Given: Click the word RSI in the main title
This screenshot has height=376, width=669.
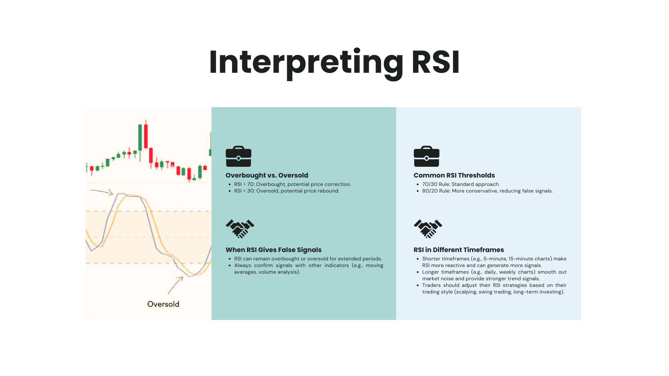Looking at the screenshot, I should (436, 62).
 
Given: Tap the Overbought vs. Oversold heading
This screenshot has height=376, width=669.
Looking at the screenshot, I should (267, 175).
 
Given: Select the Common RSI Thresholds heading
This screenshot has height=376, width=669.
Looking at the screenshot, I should (454, 175).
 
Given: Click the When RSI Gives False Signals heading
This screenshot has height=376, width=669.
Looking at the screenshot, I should (273, 250).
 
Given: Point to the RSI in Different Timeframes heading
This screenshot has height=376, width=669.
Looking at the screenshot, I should (459, 250).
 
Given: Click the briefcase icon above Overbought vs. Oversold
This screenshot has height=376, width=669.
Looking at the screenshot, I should (238, 156).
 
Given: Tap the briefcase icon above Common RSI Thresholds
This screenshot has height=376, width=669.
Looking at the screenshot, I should (426, 156).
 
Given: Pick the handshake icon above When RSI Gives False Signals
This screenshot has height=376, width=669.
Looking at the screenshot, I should (240, 229).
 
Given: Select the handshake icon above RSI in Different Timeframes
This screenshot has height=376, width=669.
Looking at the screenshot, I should (428, 229).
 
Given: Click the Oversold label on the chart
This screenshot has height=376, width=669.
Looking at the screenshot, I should (163, 304).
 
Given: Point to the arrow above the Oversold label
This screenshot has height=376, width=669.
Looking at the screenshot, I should (175, 285).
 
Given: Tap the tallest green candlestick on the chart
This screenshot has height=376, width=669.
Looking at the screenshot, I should (140, 137).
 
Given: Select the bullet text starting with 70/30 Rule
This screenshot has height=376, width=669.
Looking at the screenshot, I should (461, 185).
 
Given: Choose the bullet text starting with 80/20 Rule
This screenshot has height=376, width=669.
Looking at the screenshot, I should (487, 191).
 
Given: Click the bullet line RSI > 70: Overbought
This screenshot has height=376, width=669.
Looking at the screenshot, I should (292, 185).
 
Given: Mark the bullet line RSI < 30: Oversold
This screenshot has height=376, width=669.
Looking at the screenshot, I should (286, 191).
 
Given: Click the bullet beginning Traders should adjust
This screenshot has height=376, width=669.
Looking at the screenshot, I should (494, 289).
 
